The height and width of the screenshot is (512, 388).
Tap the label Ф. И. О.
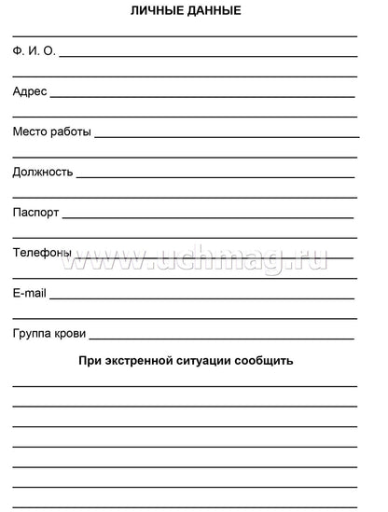34,51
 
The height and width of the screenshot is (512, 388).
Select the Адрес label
29,91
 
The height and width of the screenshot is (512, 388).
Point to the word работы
72,132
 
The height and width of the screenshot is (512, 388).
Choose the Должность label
42,173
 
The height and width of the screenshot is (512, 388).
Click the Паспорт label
35,213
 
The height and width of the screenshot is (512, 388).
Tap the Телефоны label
41,253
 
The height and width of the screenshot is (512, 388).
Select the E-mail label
29,294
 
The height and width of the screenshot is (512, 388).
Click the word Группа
33,334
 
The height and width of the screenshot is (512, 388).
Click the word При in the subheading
89,360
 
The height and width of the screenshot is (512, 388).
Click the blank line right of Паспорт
207,217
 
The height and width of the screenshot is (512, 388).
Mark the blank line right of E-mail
201,298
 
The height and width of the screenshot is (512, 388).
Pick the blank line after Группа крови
221,339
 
